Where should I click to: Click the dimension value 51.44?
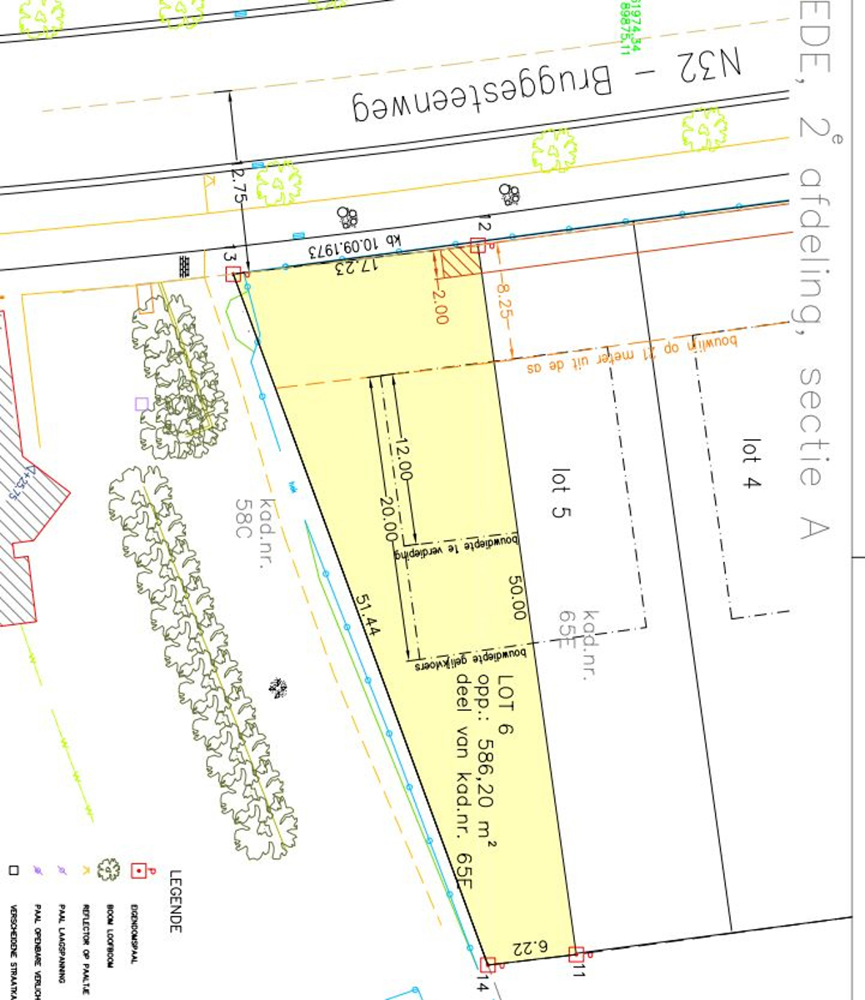pyautogui.click(x=367, y=616)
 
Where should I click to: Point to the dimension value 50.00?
pyautogui.click(x=517, y=597)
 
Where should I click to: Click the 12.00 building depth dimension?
pyautogui.click(x=404, y=458)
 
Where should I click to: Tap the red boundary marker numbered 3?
pyautogui.click(x=235, y=274)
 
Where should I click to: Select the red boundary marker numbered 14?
pyautogui.click(x=488, y=964)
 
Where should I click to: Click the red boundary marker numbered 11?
pyautogui.click(x=575, y=953)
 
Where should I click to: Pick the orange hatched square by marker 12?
pyautogui.click(x=461, y=262)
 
